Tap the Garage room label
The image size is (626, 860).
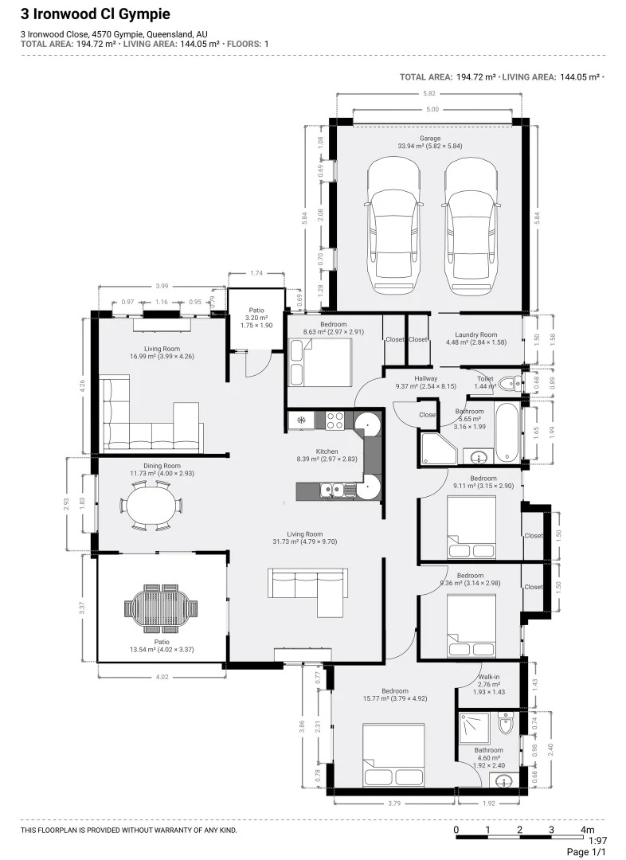click(430, 139)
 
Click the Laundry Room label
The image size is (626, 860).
click(475, 335)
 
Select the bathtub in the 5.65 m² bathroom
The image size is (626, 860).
click(507, 432)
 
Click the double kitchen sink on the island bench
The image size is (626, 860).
click(331, 491)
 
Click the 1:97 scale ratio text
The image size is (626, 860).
click(597, 840)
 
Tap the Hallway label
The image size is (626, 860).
click(415, 379)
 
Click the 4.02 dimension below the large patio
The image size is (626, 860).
click(162, 677)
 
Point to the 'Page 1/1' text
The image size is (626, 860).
click(586, 852)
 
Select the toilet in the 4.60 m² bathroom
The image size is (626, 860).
click(506, 725)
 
